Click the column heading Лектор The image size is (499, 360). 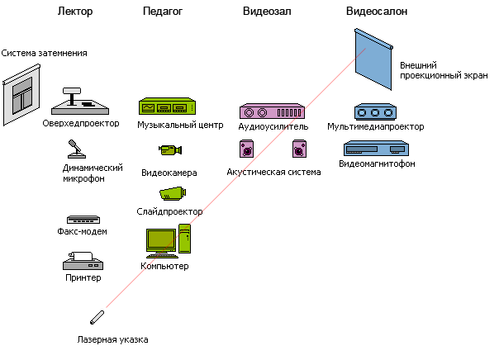point(76,12)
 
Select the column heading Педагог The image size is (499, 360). point(163,12)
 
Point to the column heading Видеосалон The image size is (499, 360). point(376,12)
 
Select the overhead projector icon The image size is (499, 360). point(80,103)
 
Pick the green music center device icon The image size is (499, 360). point(167,107)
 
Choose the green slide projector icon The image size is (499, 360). point(171,192)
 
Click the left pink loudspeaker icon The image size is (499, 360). point(247,149)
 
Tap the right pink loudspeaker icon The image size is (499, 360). point(299,149)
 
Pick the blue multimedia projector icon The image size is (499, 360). point(376,111)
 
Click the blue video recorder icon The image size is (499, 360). point(376,149)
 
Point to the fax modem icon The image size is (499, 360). point(83,220)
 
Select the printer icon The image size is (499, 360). point(82,262)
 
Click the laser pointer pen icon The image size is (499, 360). point(97,318)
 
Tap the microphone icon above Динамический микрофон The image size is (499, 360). point(76,149)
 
